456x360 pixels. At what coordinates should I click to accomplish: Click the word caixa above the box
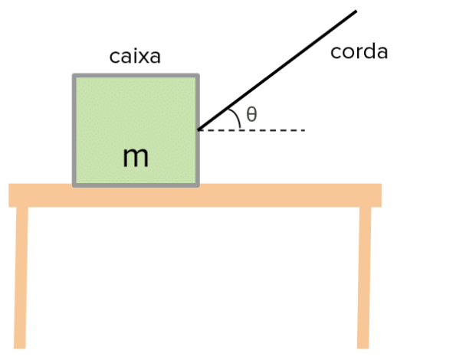point(135,57)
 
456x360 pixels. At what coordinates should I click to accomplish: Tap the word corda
point(359,52)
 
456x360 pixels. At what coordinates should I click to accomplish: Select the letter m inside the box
point(136,157)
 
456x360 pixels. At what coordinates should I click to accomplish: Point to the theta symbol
point(251,114)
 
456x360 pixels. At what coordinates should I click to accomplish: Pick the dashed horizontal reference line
point(251,130)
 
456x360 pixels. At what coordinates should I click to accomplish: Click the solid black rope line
point(277,70)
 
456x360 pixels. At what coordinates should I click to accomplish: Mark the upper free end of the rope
point(356,11)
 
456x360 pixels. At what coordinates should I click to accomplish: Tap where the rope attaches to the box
point(198,129)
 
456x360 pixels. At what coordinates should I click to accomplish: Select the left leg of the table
point(21,277)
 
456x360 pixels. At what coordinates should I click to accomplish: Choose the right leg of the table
point(364,277)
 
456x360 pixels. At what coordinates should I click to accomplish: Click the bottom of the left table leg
point(19,348)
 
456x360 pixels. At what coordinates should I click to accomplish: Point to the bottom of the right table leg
point(363,348)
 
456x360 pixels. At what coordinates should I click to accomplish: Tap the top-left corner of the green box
point(74,74)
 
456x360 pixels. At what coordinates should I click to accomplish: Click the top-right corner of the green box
point(198,74)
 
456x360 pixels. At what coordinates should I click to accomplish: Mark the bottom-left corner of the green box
point(74,186)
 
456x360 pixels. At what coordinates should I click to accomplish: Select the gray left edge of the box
point(74,130)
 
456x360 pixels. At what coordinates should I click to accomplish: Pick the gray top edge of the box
point(136,76)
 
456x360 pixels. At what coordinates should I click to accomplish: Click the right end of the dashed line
point(305,130)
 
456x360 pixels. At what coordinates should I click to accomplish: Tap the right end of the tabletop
point(381,195)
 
